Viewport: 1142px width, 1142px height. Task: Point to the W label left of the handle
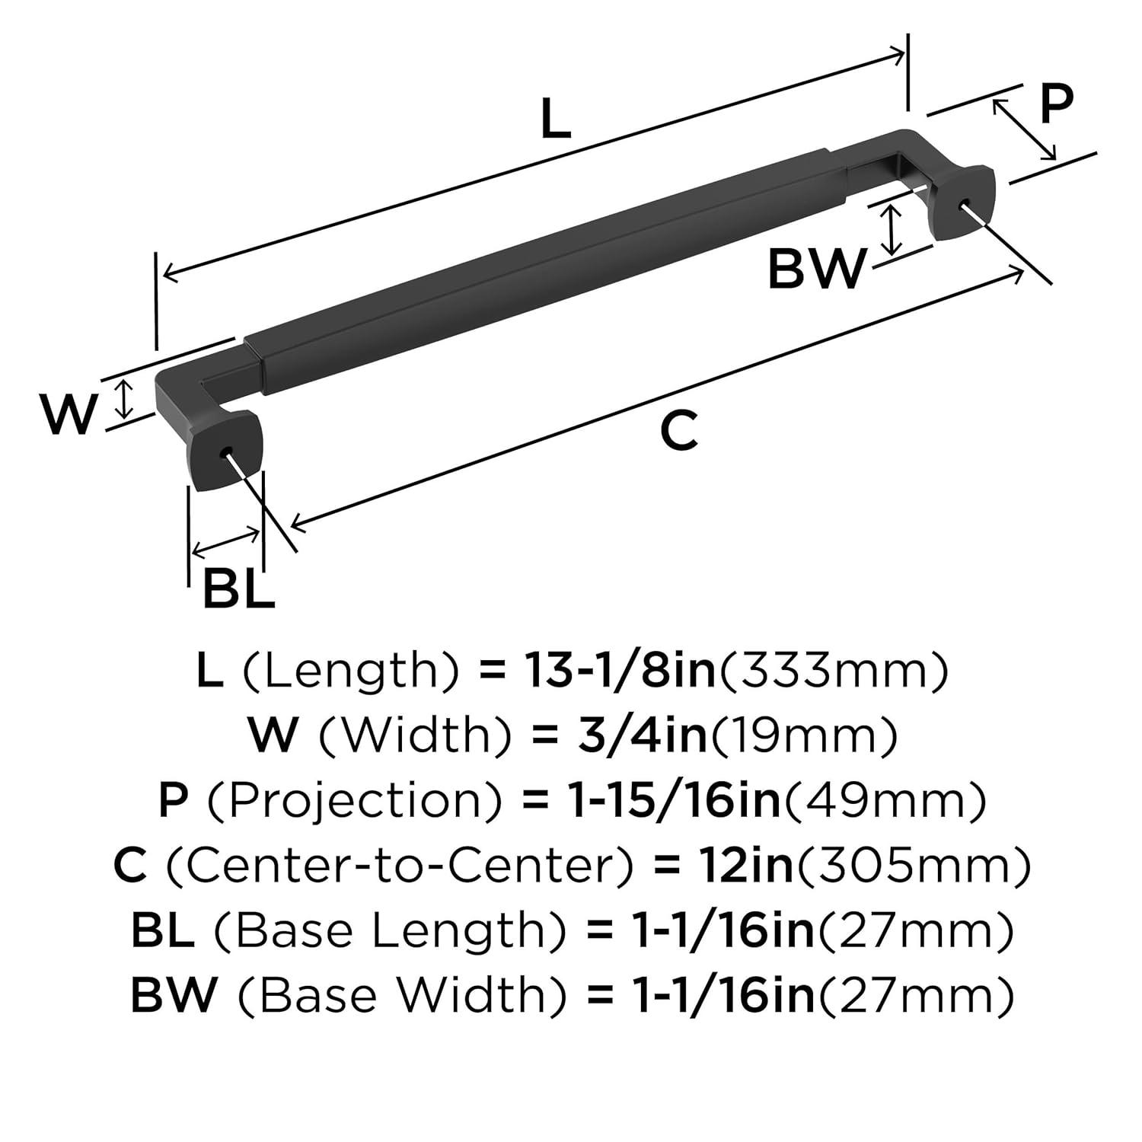pos(69,414)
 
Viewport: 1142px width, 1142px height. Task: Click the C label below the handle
pos(678,430)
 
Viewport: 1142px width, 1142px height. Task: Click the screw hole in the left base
pos(225,453)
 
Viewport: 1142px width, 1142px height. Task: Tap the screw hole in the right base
pos(965,203)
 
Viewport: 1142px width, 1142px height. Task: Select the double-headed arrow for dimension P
pos(1024,130)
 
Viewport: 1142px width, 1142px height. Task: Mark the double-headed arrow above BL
pos(226,541)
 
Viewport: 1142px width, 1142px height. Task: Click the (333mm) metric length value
pos(834,671)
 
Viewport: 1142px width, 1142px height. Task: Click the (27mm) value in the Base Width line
pos(915,996)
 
